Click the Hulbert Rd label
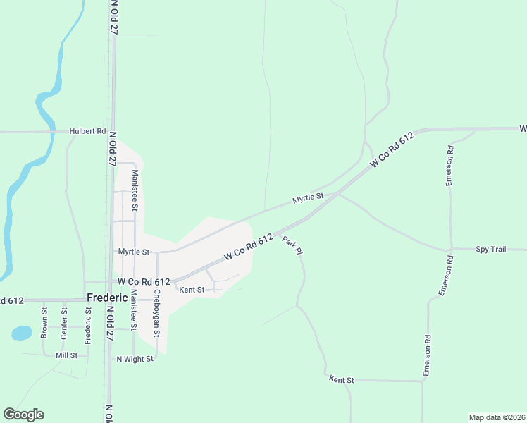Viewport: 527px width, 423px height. pyautogui.click(x=87, y=131)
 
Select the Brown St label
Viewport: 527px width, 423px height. pyautogui.click(x=44, y=320)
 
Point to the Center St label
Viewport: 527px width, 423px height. pyautogui.click(x=64, y=320)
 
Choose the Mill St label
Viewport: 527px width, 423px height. pyautogui.click(x=66, y=355)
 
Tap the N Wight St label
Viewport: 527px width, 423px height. pyautogui.click(x=135, y=359)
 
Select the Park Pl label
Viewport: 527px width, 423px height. pyautogui.click(x=292, y=245)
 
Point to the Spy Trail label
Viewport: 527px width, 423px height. pyautogui.click(x=491, y=250)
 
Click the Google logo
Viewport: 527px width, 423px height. pyautogui.click(x=23, y=415)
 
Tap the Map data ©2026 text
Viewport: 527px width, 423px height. pyautogui.click(x=496, y=417)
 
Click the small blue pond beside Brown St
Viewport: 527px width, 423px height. pyautogui.click(x=22, y=332)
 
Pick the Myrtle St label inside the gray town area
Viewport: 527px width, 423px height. pyautogui.click(x=134, y=252)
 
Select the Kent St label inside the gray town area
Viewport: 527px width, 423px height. pyautogui.click(x=192, y=290)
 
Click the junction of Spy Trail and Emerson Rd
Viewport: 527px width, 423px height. pyautogui.click(x=451, y=250)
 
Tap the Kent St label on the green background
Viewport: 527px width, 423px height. pyautogui.click(x=341, y=379)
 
